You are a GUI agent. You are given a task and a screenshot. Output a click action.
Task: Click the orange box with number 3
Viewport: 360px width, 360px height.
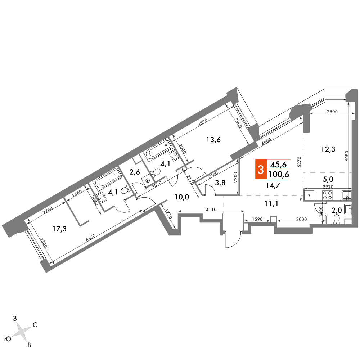261,170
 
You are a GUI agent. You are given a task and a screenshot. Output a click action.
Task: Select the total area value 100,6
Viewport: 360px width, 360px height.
279,175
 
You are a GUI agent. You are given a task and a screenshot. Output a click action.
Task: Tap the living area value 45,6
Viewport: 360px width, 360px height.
279,165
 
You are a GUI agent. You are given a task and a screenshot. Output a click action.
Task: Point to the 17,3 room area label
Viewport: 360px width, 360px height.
59,229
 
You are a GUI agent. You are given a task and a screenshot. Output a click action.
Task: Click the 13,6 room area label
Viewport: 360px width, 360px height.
213,140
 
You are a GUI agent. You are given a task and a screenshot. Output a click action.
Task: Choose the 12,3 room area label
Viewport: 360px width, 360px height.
328,149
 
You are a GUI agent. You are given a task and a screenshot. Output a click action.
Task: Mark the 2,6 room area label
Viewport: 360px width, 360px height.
135,172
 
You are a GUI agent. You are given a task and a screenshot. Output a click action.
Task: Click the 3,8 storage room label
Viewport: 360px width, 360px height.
220,183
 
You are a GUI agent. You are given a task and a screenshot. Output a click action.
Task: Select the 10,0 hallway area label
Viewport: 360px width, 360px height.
182,197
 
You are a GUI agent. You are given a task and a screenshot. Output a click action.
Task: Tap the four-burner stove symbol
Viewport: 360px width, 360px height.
328,195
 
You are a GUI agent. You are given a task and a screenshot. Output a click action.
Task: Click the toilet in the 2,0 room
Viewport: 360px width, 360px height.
337,219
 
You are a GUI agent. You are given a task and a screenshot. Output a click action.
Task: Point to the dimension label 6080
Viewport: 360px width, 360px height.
347,156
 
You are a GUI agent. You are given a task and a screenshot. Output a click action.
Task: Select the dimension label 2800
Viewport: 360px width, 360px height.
332,112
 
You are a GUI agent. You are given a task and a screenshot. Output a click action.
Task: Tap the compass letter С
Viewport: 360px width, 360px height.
35,325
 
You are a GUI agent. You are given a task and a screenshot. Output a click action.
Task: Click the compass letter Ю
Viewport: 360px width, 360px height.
8,339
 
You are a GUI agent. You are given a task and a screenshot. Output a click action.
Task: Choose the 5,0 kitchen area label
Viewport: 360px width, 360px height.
328,179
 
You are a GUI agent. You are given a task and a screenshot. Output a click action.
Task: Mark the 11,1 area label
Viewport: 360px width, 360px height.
271,203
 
